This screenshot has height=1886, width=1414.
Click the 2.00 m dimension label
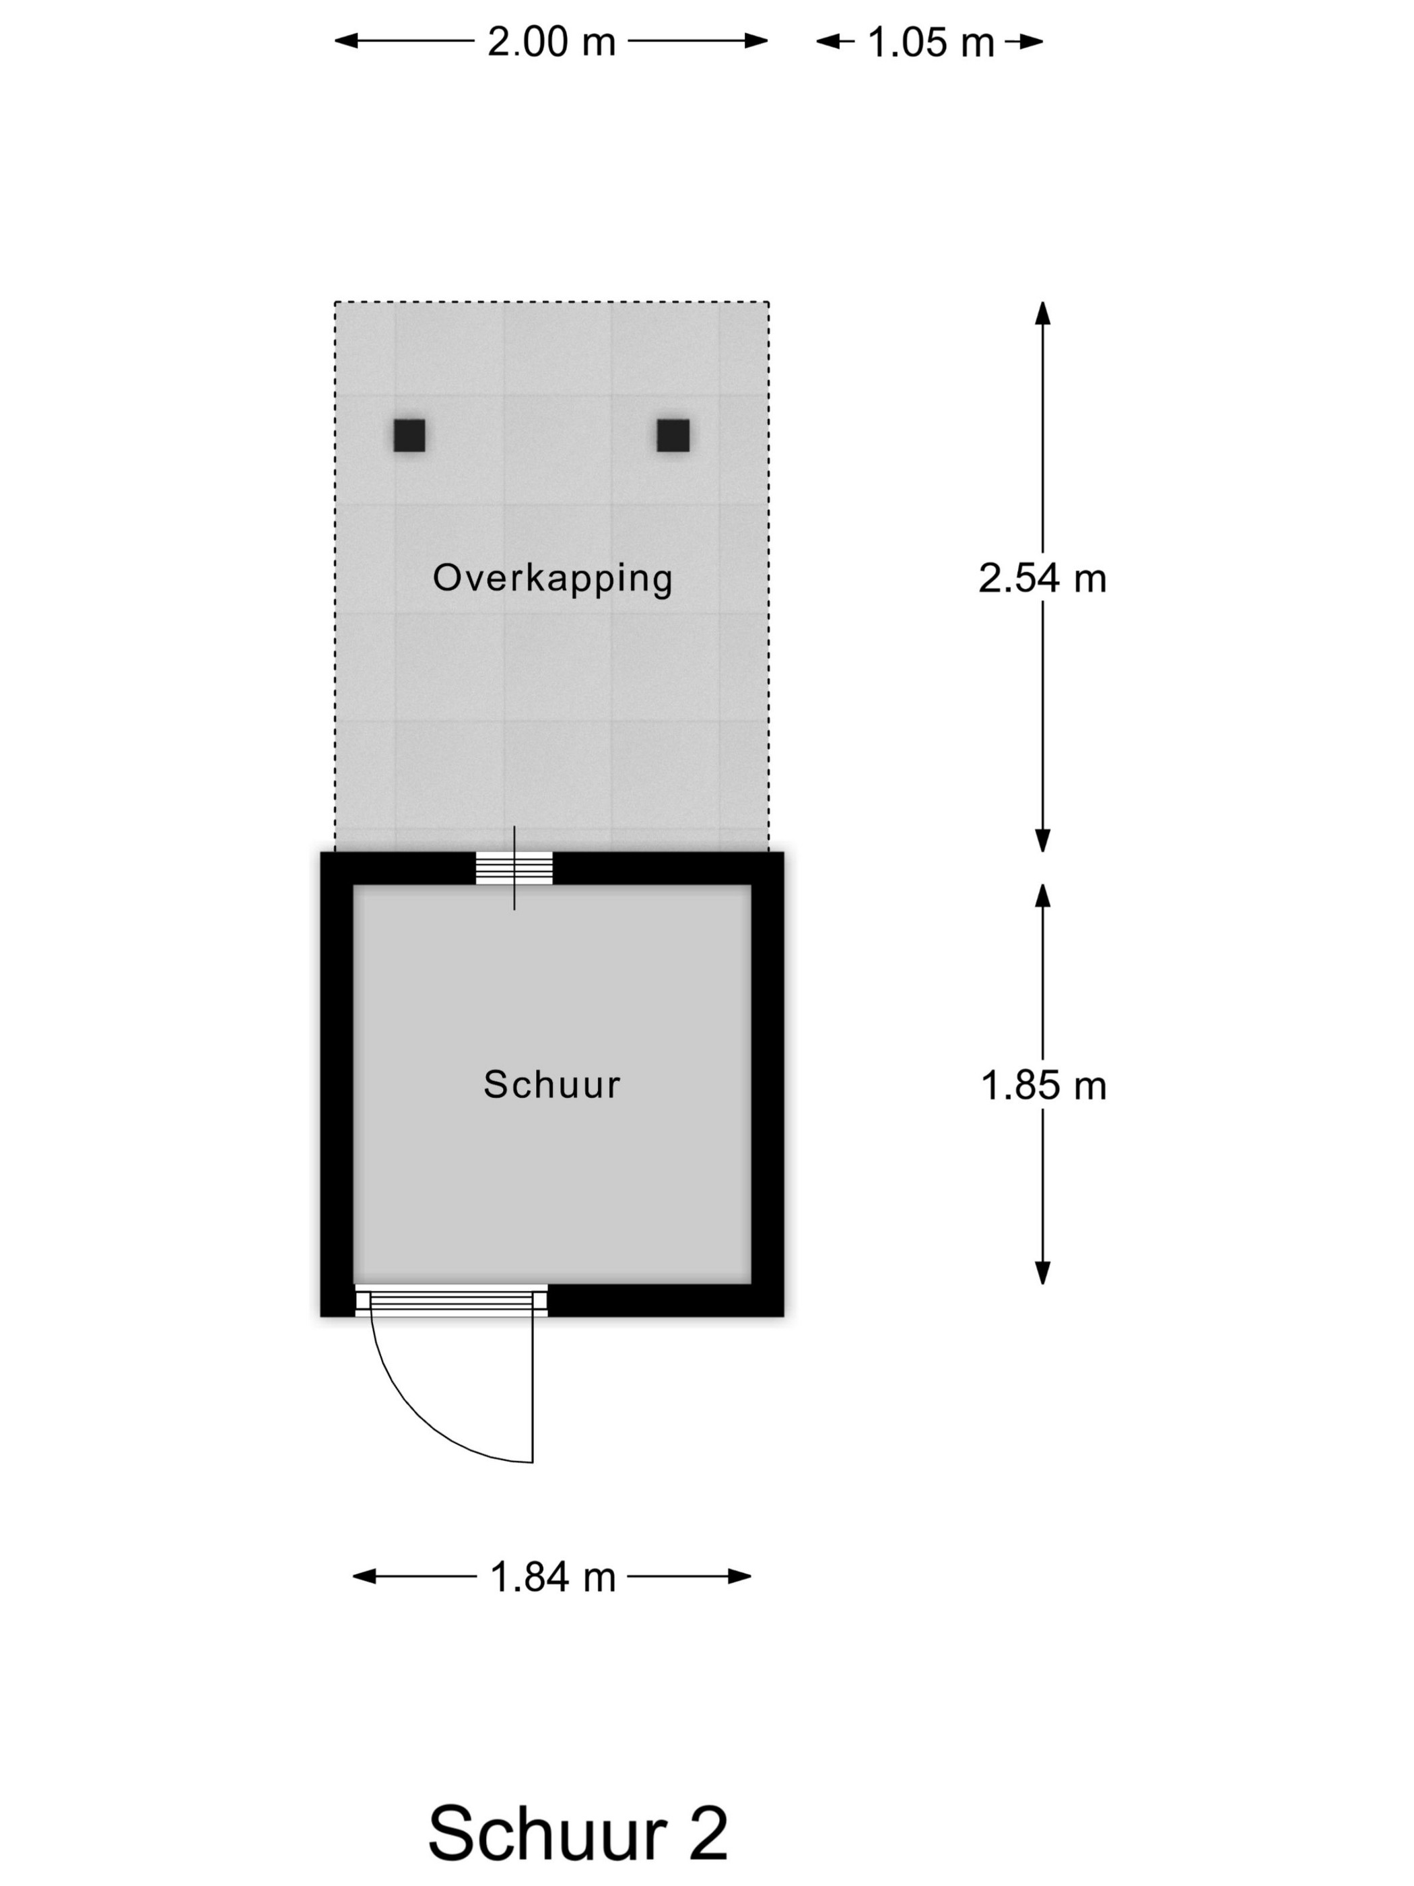point(551,42)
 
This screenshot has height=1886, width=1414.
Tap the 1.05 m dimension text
point(931,42)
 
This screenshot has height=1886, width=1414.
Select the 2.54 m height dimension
point(1042,579)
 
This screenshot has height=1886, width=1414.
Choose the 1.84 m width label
point(552,1578)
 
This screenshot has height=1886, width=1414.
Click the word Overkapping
point(552,579)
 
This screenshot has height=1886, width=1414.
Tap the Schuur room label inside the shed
point(551,1084)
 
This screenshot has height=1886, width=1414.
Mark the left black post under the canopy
point(409,435)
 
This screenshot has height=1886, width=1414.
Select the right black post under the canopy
point(673,435)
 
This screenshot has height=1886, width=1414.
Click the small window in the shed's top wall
point(514,868)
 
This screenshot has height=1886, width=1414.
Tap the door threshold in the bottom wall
point(451,1301)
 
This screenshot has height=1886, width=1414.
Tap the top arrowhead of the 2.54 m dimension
point(1042,313)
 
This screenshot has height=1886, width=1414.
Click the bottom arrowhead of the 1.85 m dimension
point(1042,1272)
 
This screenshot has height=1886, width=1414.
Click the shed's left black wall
point(337,1084)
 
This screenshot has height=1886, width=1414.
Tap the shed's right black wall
point(767,1084)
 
